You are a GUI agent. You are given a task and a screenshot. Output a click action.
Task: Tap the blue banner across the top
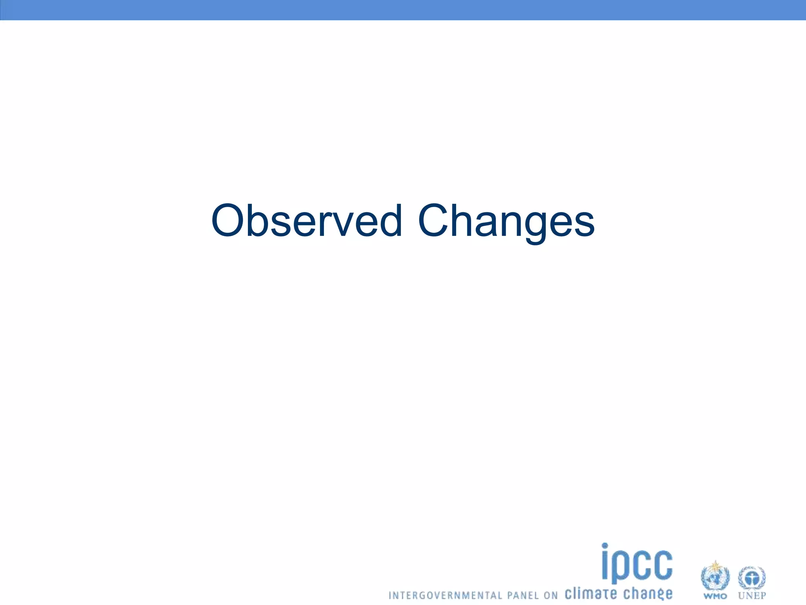403,10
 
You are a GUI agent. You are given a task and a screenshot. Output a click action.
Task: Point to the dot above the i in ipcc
605,546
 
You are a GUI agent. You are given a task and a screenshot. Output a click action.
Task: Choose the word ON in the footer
551,595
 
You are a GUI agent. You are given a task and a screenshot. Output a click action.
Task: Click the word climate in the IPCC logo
590,593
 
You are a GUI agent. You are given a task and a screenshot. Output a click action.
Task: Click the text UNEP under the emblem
752,596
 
